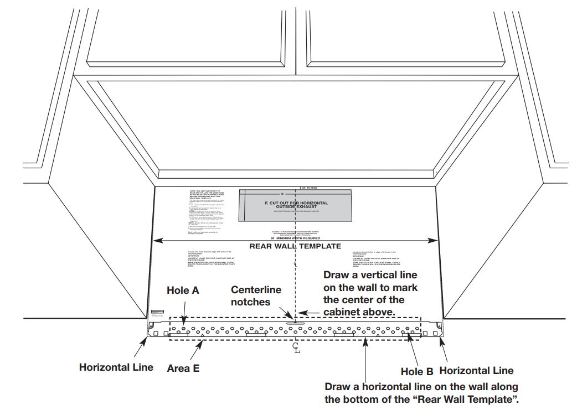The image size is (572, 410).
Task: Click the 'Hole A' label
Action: point(183,289)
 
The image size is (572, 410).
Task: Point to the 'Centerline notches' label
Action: point(256,296)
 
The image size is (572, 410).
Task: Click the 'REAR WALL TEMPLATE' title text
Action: point(295,246)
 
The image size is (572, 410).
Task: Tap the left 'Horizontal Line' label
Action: point(116,367)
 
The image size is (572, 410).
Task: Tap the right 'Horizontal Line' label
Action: point(476,371)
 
